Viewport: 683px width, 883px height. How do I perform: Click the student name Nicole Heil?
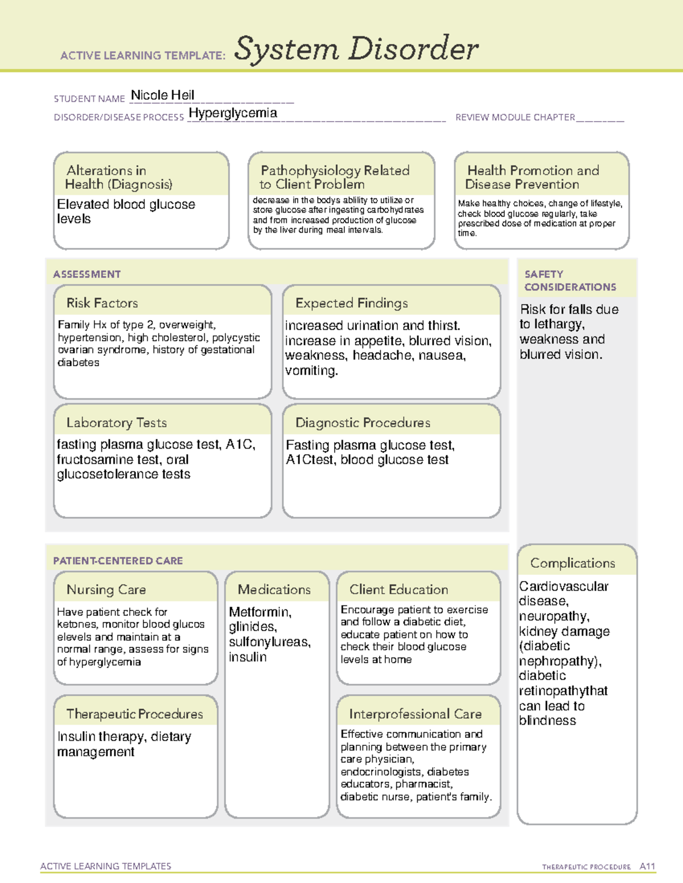[x=162, y=95]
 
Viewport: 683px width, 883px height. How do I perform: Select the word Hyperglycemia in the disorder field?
[x=233, y=113]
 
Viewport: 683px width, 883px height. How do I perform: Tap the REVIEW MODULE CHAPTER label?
[x=515, y=117]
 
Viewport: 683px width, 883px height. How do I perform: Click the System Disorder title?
[x=356, y=49]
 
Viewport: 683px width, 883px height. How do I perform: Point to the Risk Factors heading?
[x=102, y=303]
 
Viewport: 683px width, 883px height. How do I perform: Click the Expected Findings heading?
[x=351, y=303]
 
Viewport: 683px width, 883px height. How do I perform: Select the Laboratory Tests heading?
[x=116, y=422]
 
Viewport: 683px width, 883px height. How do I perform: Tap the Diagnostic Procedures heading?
[x=363, y=422]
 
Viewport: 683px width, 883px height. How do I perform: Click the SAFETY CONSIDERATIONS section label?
[x=570, y=281]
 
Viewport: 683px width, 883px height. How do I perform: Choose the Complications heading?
[x=572, y=563]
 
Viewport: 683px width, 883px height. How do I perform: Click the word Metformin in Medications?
[x=260, y=612]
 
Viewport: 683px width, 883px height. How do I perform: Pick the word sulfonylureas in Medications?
[x=269, y=642]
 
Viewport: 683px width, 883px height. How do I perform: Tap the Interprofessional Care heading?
[x=415, y=714]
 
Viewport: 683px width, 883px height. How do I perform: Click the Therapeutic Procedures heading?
[x=134, y=714]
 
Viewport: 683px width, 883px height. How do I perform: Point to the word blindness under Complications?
[x=547, y=720]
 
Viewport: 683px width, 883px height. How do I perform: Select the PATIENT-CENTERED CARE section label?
[x=118, y=561]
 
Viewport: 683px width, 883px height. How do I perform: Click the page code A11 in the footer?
[x=647, y=866]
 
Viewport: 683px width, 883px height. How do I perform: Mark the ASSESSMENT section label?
[x=87, y=274]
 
